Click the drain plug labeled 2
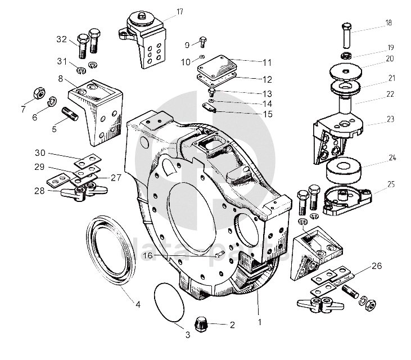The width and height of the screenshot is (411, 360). pos(201,325)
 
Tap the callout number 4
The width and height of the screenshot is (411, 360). pos(138,304)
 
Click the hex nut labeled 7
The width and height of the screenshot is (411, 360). pos(39,93)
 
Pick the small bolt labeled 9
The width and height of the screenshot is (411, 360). pos(202,42)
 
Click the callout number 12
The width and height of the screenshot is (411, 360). pos(267,79)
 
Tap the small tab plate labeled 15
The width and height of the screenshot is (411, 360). pos(209,107)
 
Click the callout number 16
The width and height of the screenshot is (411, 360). pos(148,255)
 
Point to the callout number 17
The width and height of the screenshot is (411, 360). pos(180,12)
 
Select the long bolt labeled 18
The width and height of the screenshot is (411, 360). pos(346,35)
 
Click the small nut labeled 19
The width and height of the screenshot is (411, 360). pos(346,56)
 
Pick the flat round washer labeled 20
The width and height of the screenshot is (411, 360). pos(346,71)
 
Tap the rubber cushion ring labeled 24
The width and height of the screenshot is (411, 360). pos(344,170)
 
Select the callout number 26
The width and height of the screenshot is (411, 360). pos(377,266)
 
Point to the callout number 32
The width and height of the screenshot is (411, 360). pos(62,39)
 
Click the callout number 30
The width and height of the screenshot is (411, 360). pos(40,152)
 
